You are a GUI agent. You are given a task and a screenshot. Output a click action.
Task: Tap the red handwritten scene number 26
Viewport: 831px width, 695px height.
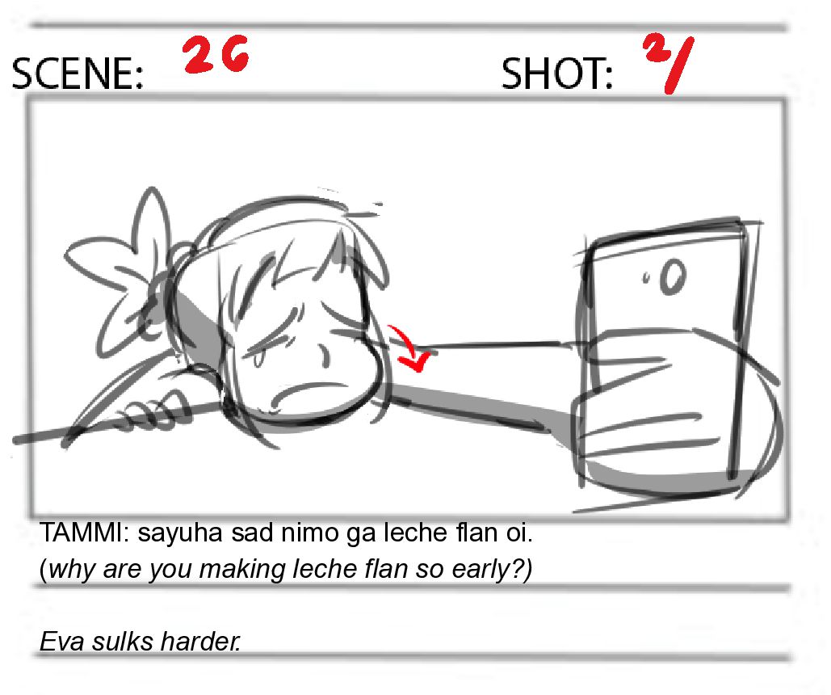[x=216, y=54]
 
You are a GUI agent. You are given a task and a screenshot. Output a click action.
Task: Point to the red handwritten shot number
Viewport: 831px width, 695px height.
[x=669, y=62]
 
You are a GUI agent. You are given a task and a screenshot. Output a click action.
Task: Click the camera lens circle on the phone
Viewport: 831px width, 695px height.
[x=674, y=276]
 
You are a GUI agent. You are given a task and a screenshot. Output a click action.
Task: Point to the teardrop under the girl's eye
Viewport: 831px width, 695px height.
[x=258, y=359]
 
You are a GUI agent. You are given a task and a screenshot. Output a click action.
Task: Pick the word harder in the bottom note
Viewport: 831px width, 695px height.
[x=199, y=642]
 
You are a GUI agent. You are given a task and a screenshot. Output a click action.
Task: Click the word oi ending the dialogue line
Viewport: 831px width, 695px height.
[x=518, y=532]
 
